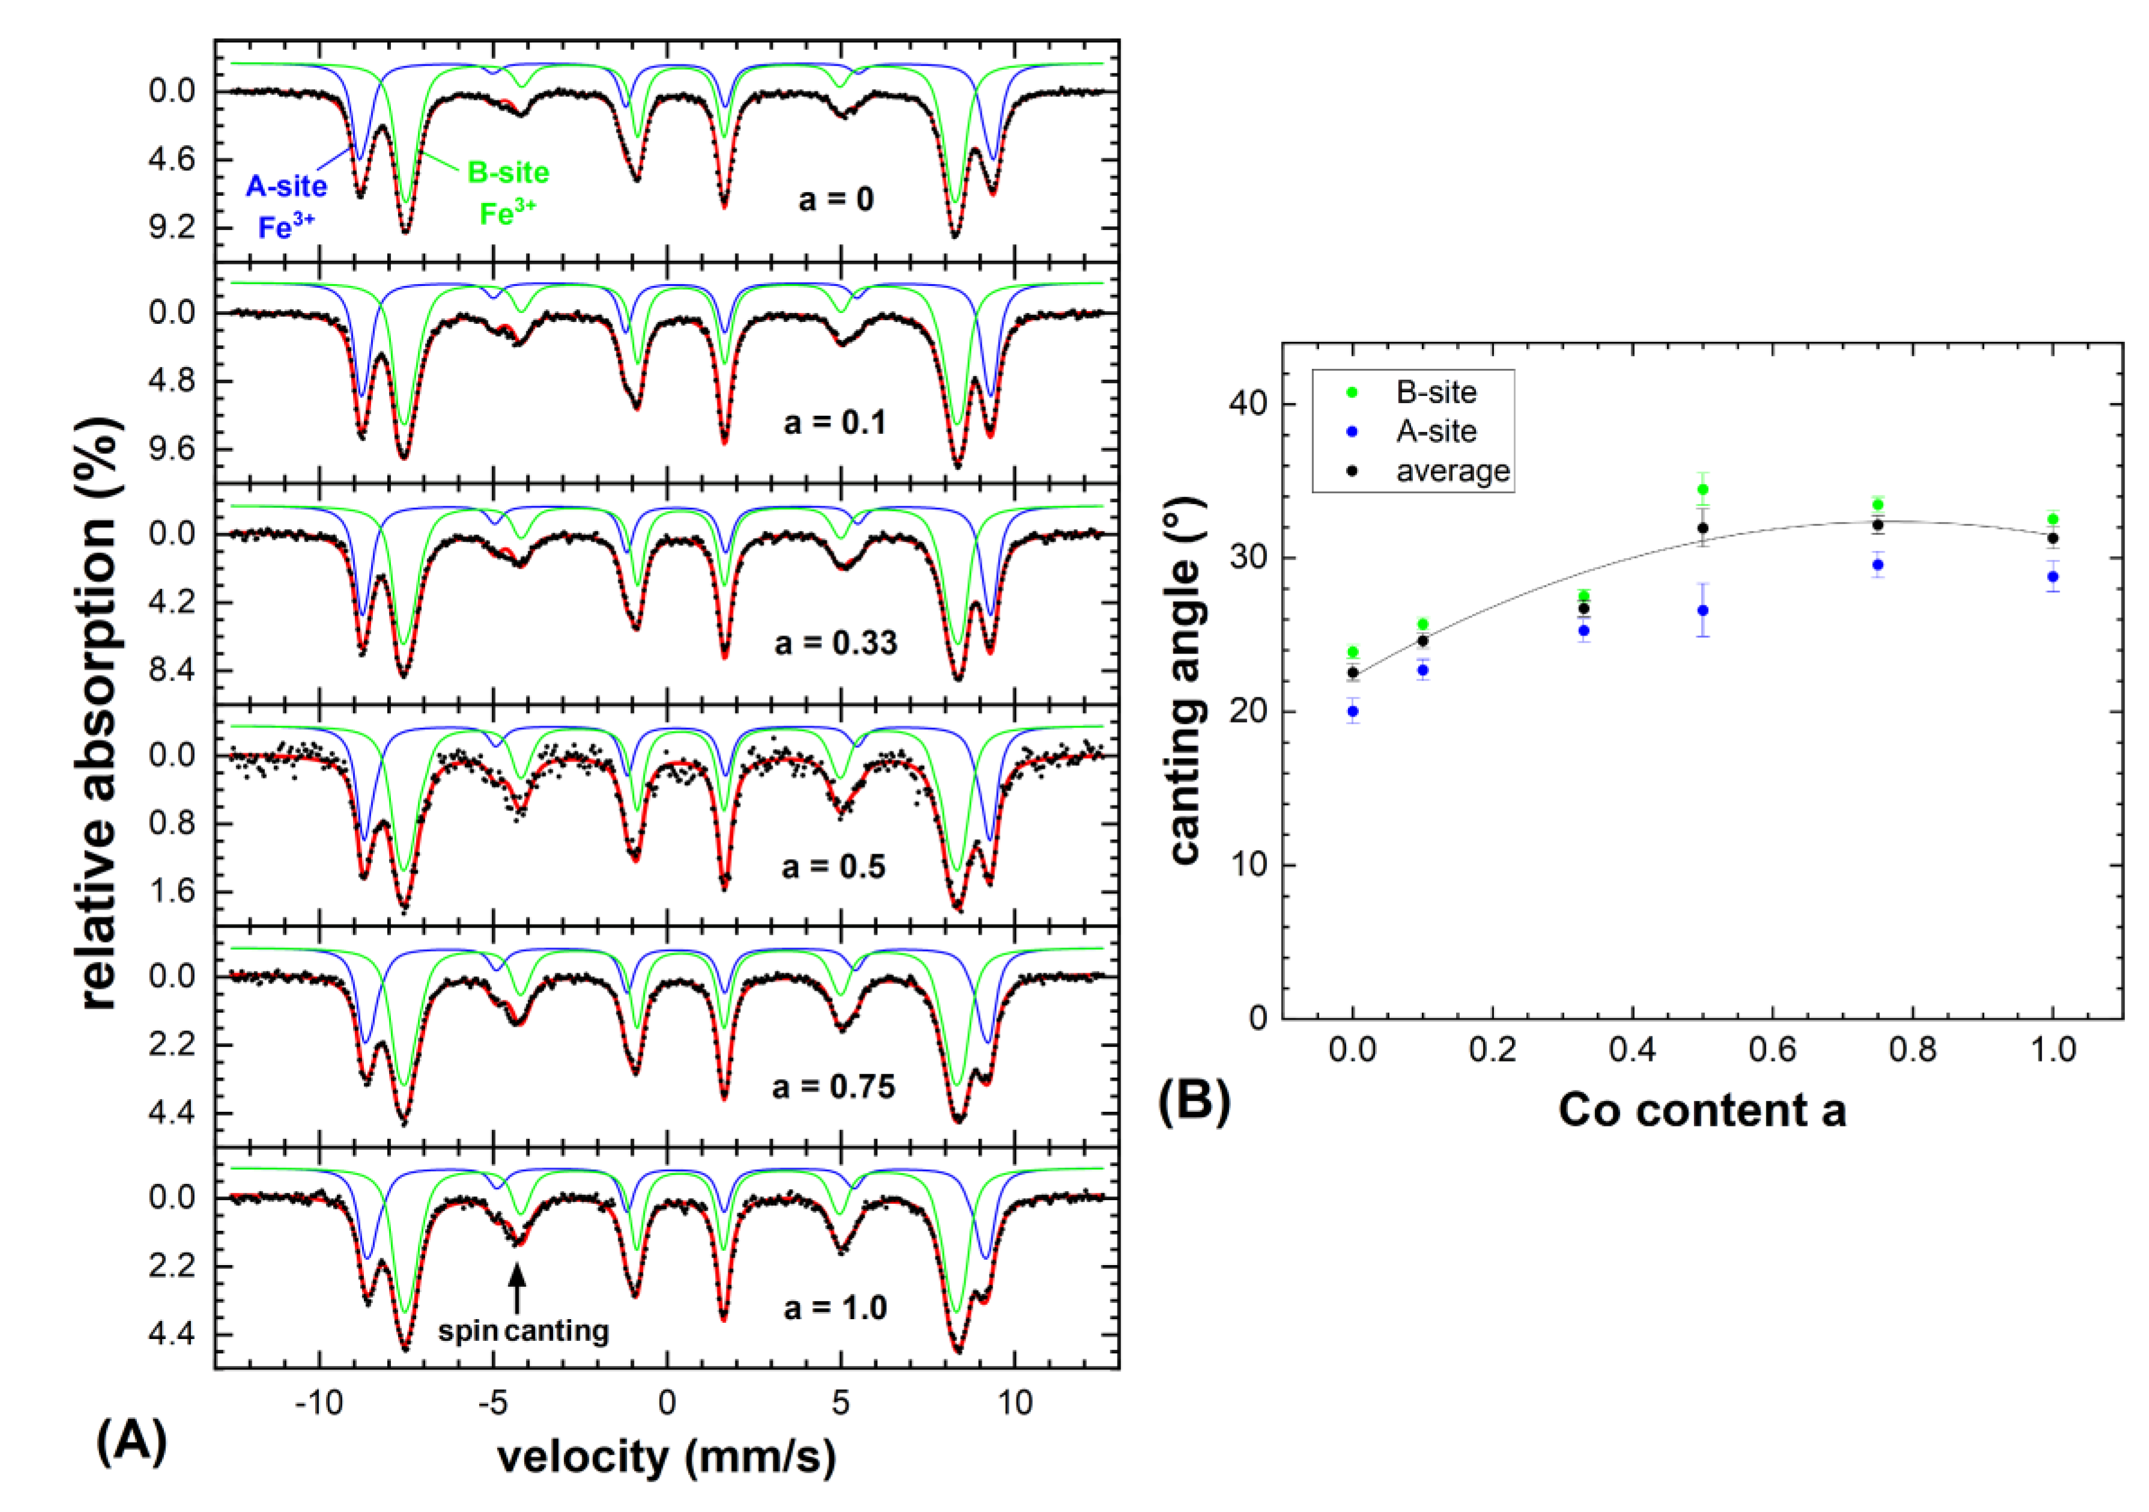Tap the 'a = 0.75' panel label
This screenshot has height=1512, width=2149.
(833, 1086)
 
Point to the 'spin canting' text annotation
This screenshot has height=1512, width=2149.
(523, 1331)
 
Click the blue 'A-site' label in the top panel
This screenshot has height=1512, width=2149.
(286, 186)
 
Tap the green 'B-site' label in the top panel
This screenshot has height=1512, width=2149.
(508, 172)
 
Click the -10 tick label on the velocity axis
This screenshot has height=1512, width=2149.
(319, 1403)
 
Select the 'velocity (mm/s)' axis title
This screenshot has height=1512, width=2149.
(666, 1457)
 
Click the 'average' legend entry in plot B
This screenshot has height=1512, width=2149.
(1452, 471)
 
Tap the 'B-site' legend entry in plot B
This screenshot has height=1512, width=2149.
(1436, 392)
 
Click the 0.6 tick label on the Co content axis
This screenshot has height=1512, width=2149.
(1772, 1049)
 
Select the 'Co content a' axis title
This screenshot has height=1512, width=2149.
(1702, 1110)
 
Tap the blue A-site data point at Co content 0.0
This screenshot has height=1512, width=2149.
(1352, 711)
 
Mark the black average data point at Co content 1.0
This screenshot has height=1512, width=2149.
(2052, 538)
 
